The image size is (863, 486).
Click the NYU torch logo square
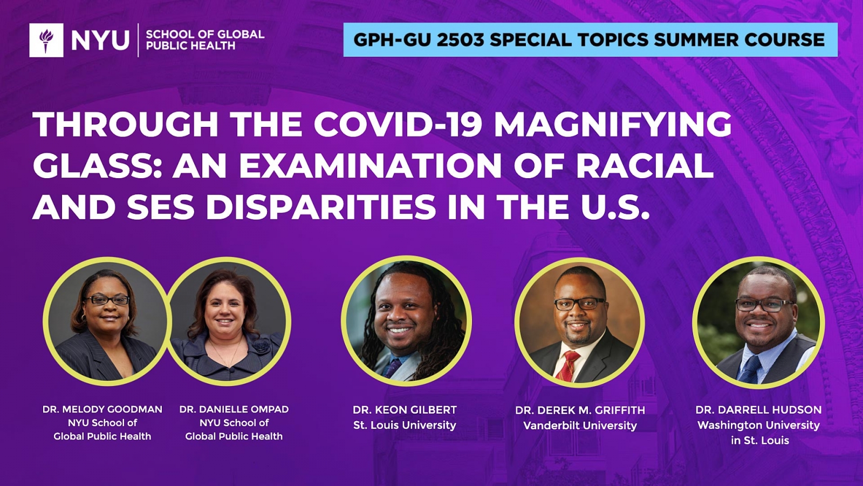[46, 40]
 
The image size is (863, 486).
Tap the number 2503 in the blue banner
[461, 40]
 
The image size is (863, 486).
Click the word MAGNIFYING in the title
[613, 125]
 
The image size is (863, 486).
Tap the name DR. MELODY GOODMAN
[102, 409]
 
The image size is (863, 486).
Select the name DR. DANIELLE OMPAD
[234, 409]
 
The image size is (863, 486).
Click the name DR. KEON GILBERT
[405, 410]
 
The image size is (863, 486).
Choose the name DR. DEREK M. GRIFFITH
[580, 410]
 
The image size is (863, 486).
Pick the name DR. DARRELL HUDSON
[758, 410]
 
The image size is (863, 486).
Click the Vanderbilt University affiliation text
[580, 426]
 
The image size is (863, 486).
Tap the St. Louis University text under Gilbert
[405, 425]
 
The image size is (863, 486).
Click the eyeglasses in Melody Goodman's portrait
[107, 300]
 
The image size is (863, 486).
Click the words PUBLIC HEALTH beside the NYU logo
[191, 46]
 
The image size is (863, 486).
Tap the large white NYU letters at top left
[100, 40]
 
